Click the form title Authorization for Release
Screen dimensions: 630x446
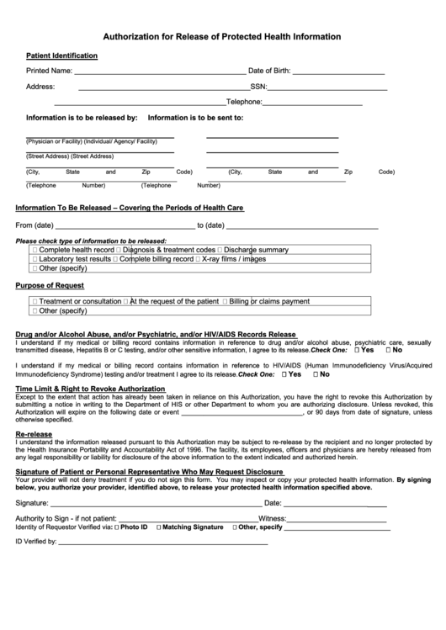click(221, 37)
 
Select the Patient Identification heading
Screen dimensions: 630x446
click(61, 56)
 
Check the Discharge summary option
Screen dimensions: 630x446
click(220, 251)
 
